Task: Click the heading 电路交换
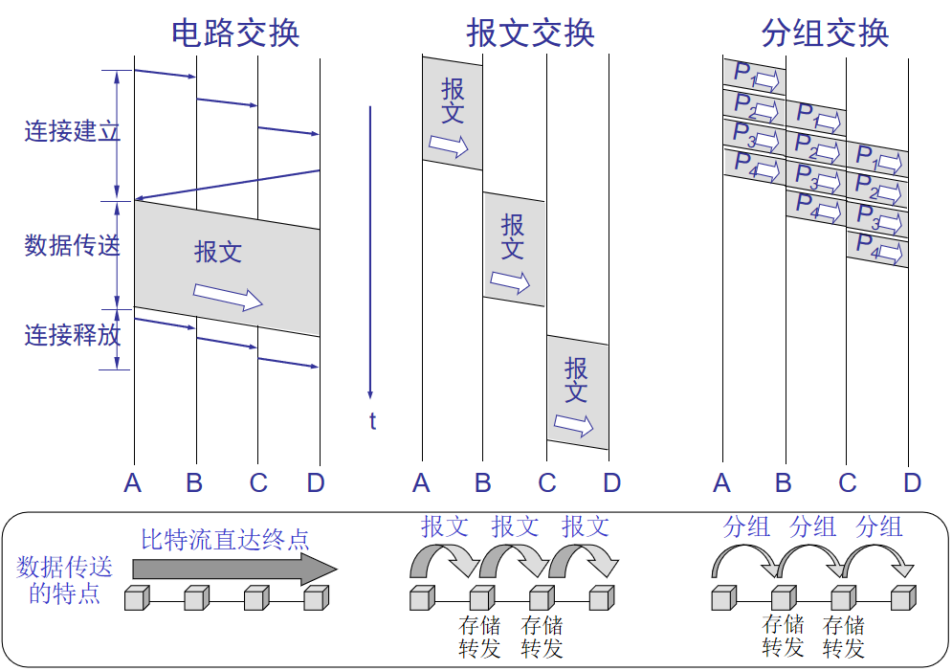coord(235,34)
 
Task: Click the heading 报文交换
coord(531,34)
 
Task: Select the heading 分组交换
coord(825,34)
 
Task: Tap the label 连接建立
coord(72,131)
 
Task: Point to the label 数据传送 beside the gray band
coord(72,246)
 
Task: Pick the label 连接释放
coord(72,335)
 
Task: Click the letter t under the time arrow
coord(372,421)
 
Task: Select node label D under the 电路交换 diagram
coord(316,483)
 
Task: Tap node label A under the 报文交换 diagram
coord(421,483)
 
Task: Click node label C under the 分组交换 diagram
coord(847,483)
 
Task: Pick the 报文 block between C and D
coord(577,392)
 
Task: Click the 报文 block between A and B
coord(453,113)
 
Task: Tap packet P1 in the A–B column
coord(754,75)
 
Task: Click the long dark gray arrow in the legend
coord(234,569)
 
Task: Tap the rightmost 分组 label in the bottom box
coord(878,526)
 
